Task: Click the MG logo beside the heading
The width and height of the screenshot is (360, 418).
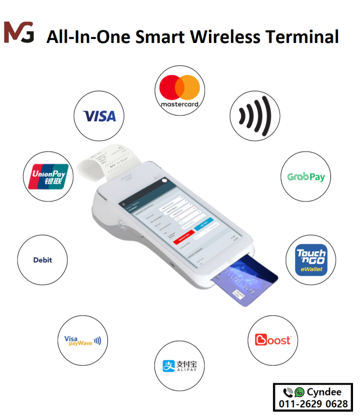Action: coord(19,32)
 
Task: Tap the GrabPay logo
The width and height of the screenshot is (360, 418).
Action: coord(306,176)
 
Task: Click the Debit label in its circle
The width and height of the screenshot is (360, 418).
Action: coord(42,260)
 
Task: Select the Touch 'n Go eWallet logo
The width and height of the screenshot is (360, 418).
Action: coord(311,260)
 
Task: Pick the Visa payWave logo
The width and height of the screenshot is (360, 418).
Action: coord(82,341)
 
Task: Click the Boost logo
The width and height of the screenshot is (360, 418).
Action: coord(273,340)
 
